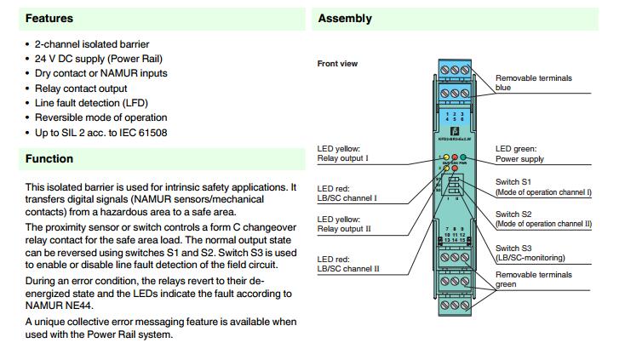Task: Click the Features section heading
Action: click(49, 18)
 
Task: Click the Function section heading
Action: click(49, 158)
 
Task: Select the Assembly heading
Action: click(344, 18)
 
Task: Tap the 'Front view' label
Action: click(337, 64)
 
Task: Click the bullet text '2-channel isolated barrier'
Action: click(92, 43)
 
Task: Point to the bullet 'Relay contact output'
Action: click(81, 88)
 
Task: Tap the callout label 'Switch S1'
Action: click(513, 182)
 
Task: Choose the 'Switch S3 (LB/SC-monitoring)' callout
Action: click(530, 253)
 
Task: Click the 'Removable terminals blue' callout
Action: click(533, 83)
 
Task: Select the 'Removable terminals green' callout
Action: click(533, 279)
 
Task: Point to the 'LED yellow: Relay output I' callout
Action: click(342, 153)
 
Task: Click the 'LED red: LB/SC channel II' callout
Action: click(348, 264)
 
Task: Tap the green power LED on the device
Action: click(465, 158)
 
